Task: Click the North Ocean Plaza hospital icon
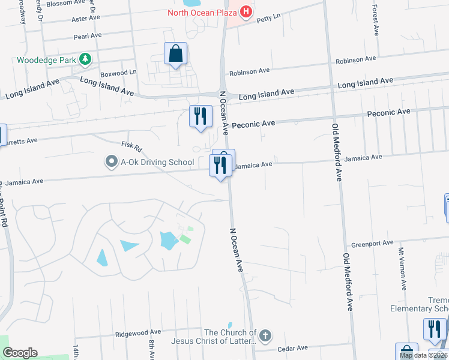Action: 245,12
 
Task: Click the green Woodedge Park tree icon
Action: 86,59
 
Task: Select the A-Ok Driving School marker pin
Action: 110,161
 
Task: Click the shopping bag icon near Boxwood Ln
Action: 175,54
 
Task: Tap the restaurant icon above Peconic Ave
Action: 200,116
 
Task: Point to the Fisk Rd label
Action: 131,146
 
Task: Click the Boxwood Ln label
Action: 119,73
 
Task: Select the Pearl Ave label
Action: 88,36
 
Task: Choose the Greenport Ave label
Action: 372,243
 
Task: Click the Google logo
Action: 20,353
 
